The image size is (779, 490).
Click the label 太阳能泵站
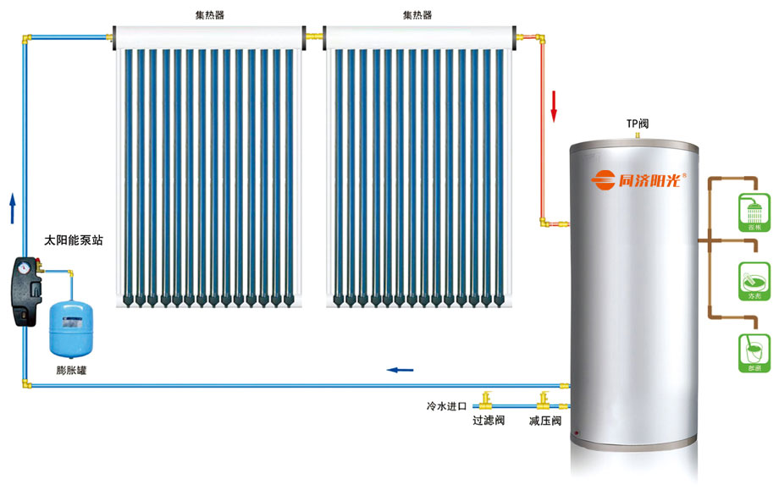74,240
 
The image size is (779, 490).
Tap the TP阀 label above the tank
638,124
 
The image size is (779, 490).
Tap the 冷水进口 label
446,407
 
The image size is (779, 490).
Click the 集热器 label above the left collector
207,14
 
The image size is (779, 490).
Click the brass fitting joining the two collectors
313,36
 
